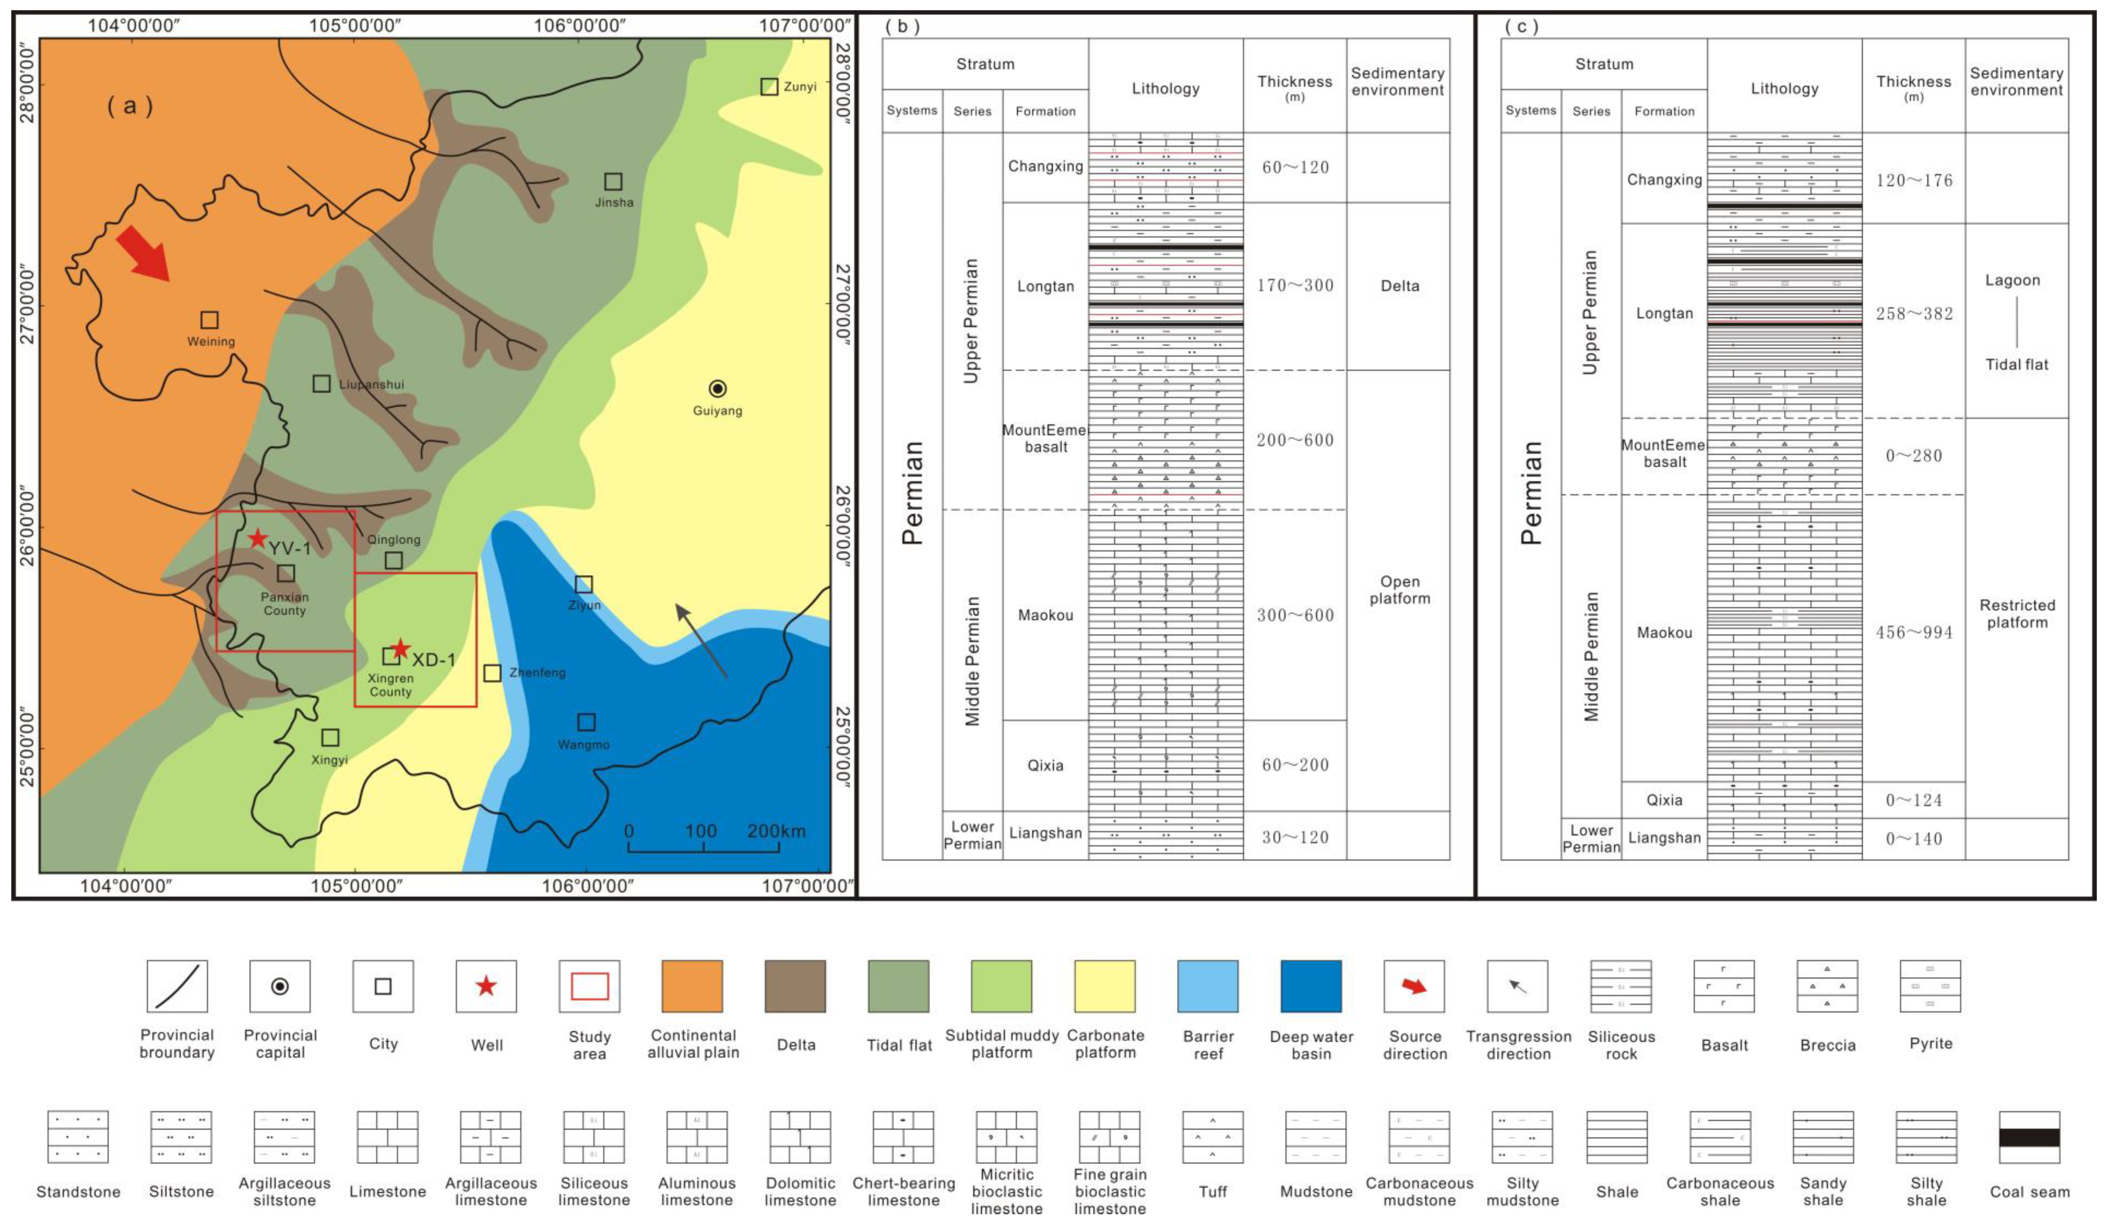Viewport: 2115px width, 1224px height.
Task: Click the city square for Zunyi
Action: [x=769, y=87]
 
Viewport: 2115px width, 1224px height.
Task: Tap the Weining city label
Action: [x=211, y=342]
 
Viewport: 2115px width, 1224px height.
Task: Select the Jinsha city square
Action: [x=613, y=181]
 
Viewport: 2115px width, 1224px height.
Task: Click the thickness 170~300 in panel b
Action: [x=1295, y=285]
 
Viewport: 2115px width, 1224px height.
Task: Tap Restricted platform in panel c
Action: [x=2017, y=614]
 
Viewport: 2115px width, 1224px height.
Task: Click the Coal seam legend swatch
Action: [x=2028, y=1137]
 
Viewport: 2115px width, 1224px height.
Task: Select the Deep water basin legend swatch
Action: [x=1311, y=986]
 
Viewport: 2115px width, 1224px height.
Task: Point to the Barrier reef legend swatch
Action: [x=1208, y=986]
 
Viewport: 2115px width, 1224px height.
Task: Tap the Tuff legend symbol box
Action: [x=1213, y=1137]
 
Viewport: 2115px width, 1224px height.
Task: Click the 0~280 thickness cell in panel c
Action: [x=1914, y=456]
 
